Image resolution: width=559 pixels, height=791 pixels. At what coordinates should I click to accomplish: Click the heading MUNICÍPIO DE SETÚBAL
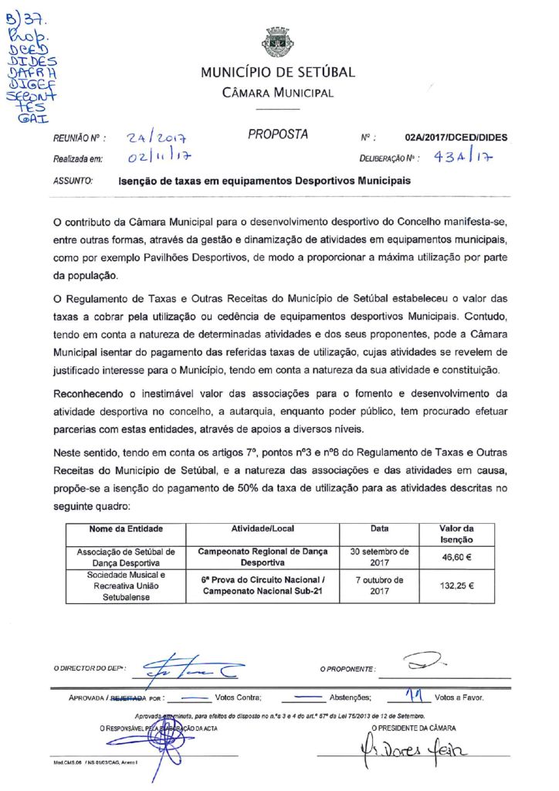click(x=278, y=73)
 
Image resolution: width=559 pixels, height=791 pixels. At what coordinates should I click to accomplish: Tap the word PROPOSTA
click(x=278, y=134)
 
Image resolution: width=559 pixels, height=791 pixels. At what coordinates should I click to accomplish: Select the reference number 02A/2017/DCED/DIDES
click(x=456, y=137)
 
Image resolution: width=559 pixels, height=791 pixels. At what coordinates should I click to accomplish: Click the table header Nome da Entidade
click(x=126, y=529)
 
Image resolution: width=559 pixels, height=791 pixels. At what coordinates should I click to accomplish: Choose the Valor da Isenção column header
click(x=456, y=534)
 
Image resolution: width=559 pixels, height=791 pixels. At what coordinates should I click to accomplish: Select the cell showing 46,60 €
click(x=456, y=556)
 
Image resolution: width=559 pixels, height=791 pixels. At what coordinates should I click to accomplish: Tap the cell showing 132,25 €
click(x=456, y=586)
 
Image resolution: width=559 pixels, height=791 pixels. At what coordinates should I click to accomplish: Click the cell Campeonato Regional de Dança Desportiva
click(x=263, y=557)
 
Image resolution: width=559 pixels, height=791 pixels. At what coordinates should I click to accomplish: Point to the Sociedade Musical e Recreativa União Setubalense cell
click(x=126, y=586)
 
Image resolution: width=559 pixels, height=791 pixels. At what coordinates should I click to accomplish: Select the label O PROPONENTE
click(x=349, y=668)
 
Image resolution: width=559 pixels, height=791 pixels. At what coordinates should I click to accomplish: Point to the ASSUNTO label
click(x=73, y=181)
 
